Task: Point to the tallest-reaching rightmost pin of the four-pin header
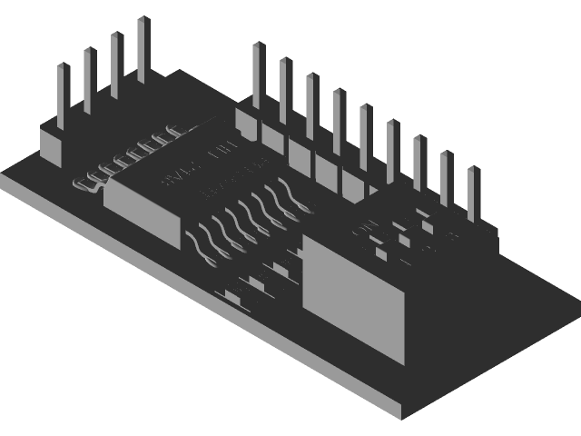[x=143, y=50]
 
